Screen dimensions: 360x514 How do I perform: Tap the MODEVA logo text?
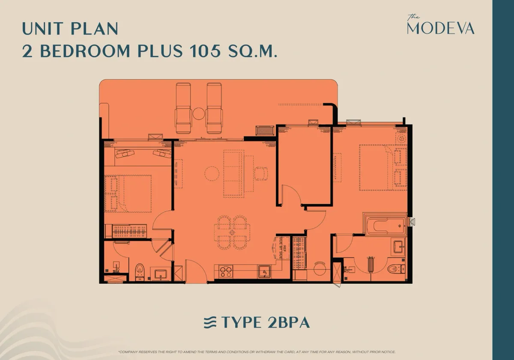441,28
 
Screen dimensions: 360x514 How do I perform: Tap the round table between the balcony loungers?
199,114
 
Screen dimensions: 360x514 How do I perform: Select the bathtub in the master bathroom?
385,224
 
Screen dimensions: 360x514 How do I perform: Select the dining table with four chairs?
231,232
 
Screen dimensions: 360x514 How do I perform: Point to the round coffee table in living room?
212,174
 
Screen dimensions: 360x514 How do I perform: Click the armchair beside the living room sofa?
261,173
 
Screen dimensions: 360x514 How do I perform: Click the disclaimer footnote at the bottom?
257,351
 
